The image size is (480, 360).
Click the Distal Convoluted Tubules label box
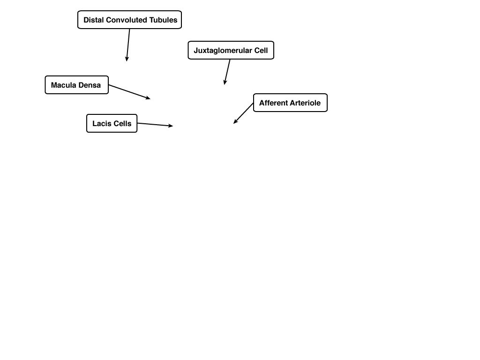[129, 20]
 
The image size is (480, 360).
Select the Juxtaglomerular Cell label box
[231, 50]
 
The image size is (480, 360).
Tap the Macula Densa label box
[76, 85]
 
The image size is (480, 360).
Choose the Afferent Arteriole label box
[290, 103]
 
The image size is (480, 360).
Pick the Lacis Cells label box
[112, 123]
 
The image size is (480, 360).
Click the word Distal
[94, 20]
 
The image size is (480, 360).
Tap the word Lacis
[102, 123]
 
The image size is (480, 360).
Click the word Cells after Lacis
[122, 123]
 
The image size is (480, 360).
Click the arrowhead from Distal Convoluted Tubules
[127, 59]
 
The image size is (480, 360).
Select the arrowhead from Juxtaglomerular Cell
[225, 82]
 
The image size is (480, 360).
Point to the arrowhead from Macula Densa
[148, 97]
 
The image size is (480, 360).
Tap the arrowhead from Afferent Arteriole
[235, 122]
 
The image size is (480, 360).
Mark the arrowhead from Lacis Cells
[171, 126]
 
